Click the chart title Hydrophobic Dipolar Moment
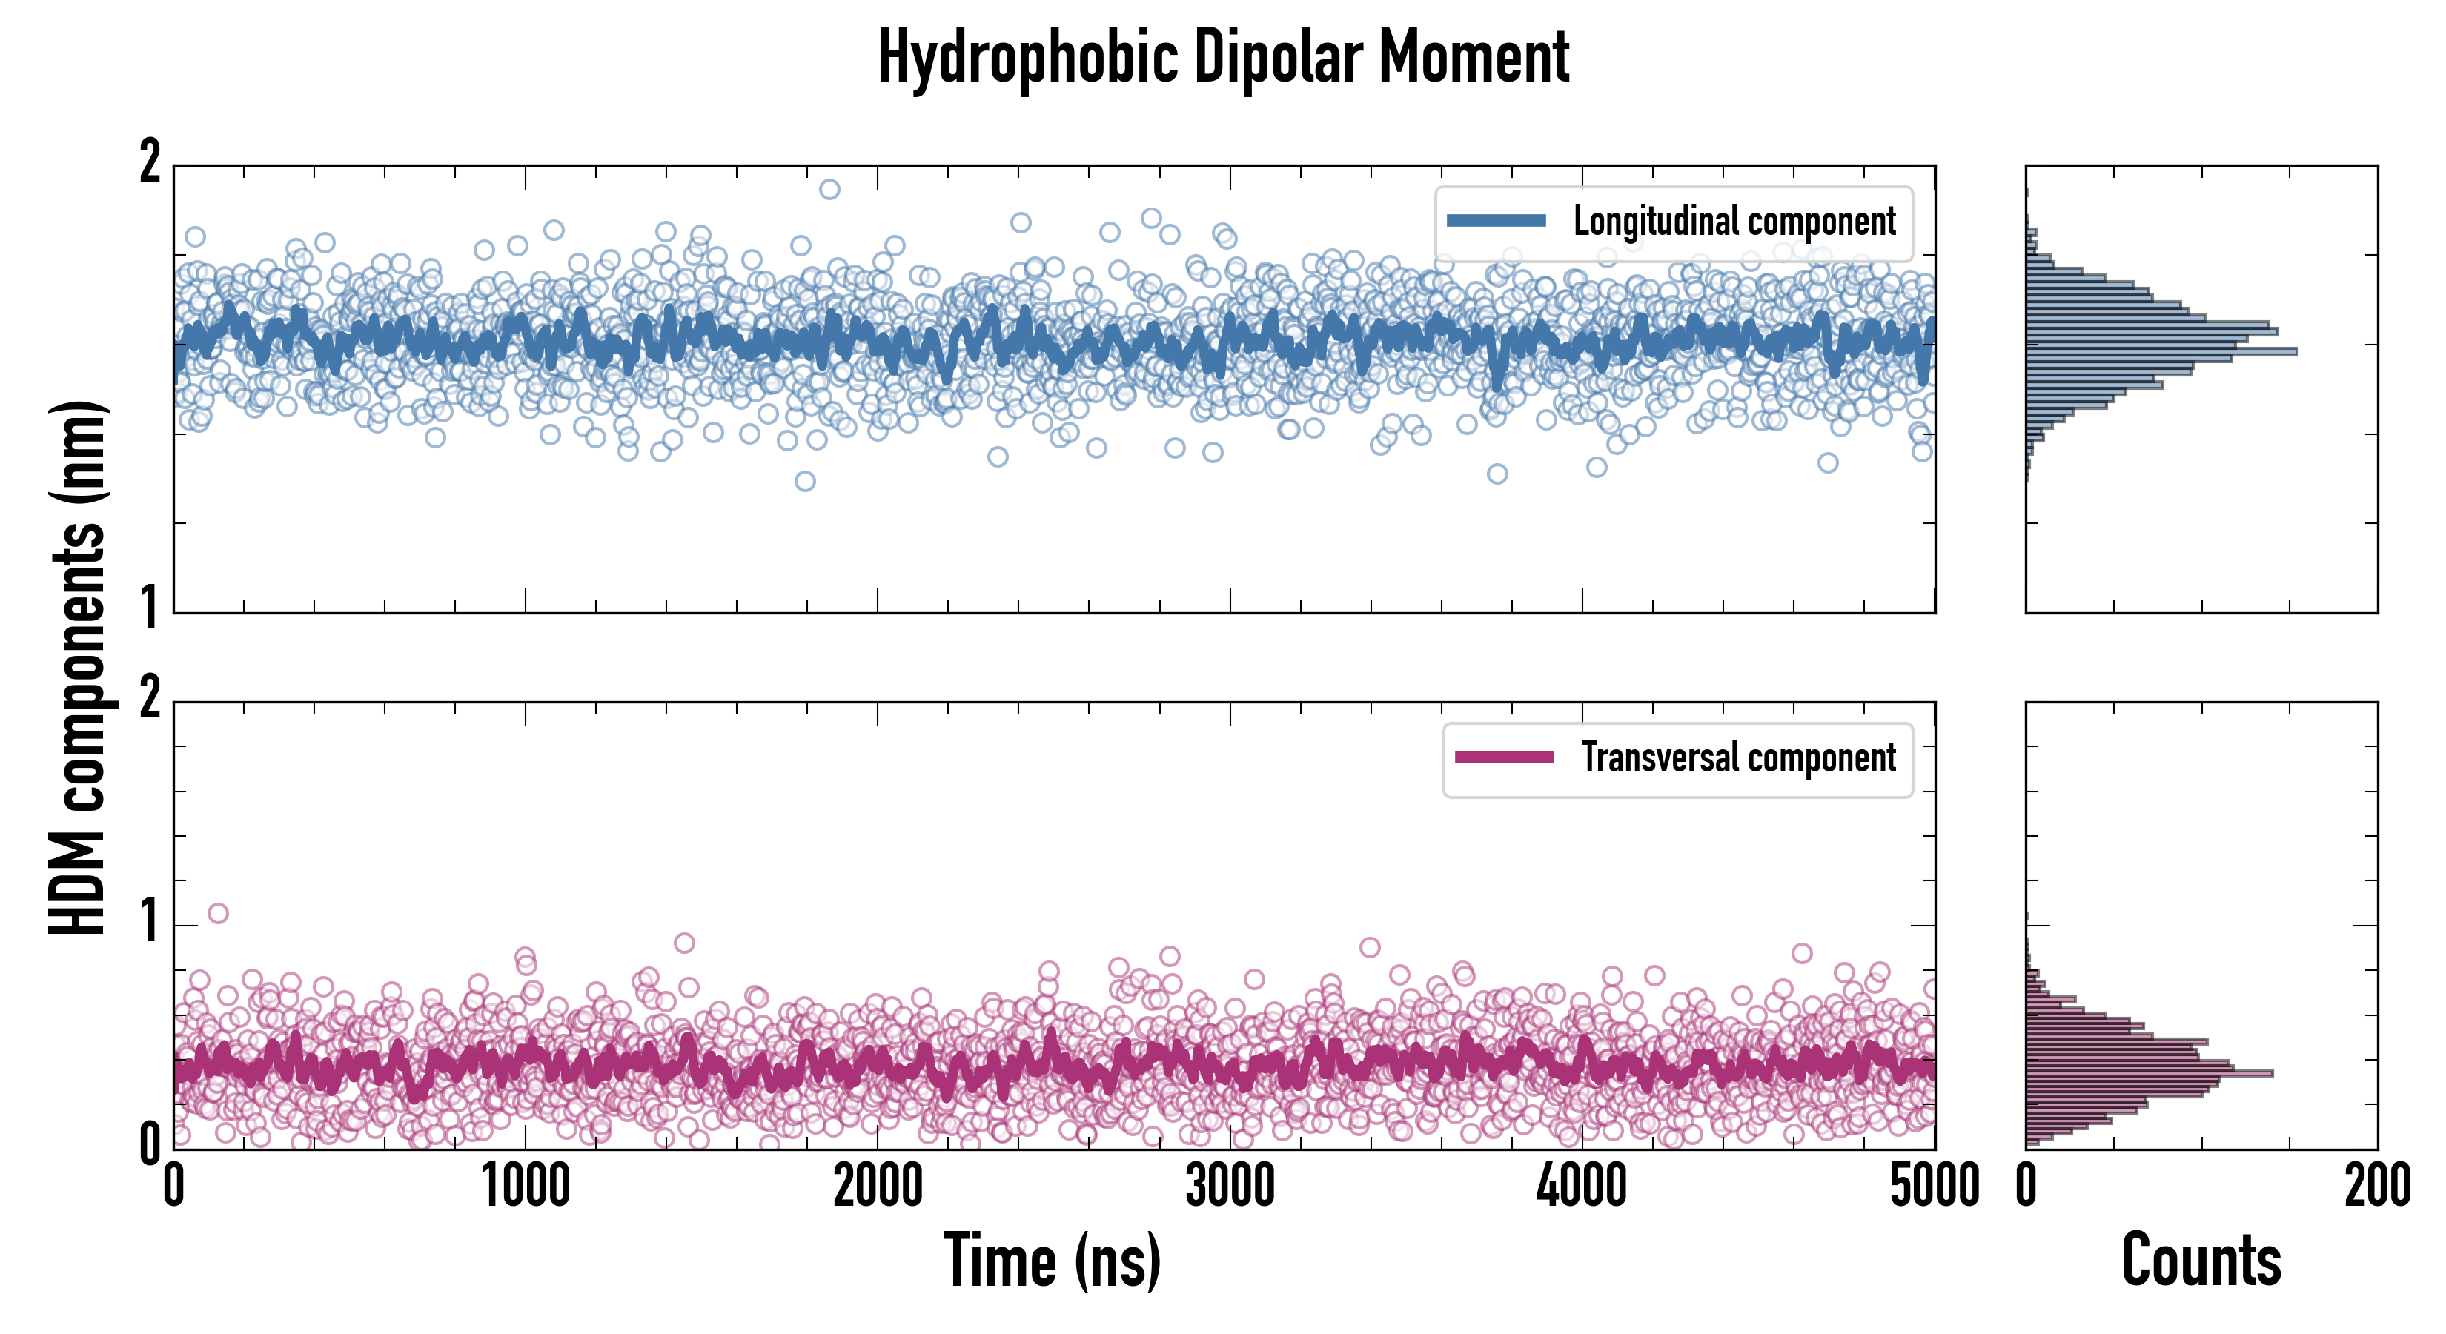[1223, 57]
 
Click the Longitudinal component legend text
[1734, 222]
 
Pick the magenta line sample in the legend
[1504, 757]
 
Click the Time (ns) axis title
[1052, 1260]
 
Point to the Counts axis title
[2201, 1260]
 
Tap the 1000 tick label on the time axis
[525, 1187]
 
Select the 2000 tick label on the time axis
[878, 1187]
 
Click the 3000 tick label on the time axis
[1230, 1187]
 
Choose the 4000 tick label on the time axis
[1582, 1187]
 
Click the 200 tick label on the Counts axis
[2376, 1187]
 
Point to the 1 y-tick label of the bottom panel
[150, 922]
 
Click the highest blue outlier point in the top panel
[829, 189]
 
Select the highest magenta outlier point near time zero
[219, 913]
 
